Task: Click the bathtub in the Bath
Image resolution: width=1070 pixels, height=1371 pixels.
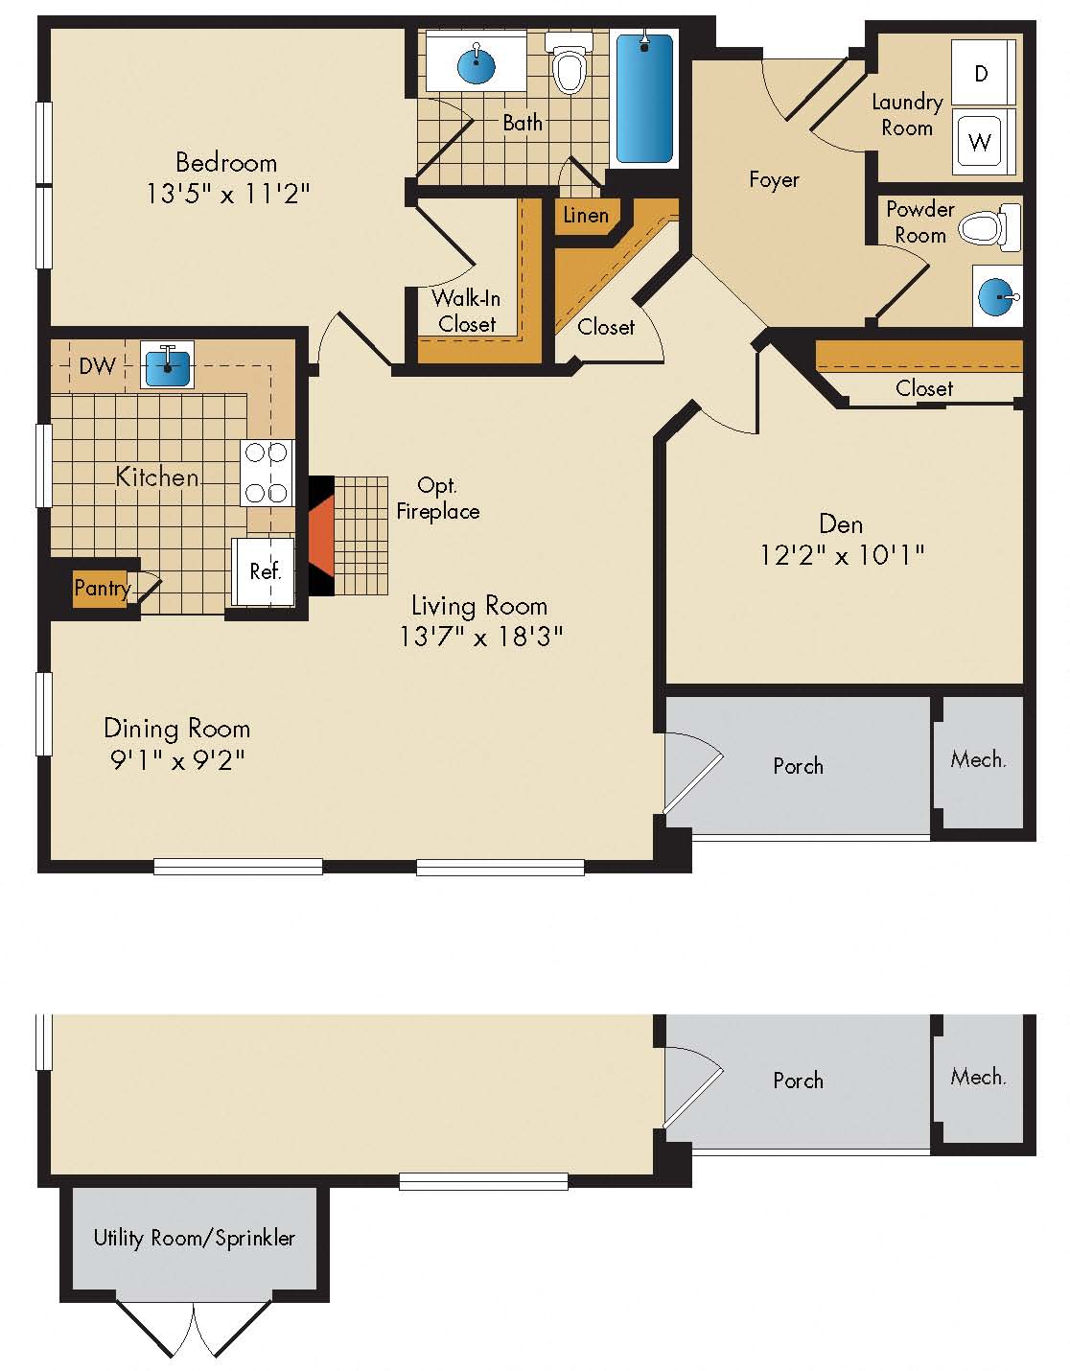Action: coord(644,98)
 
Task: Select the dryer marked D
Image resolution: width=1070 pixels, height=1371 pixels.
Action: coord(982,73)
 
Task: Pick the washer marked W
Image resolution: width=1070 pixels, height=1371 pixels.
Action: coord(980,143)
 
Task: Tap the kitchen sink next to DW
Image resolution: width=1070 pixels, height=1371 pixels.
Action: coord(167,364)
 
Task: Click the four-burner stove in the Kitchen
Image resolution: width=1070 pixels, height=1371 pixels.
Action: coord(266,473)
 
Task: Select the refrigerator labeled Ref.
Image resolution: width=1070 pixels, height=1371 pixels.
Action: coord(264,571)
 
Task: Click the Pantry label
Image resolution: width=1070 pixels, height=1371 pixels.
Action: coord(102,588)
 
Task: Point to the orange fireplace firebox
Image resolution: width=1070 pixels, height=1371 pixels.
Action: coord(320,537)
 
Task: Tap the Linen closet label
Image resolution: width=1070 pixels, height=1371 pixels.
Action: coord(585,216)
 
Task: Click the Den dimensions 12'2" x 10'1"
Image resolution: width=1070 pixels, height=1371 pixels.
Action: coord(841,555)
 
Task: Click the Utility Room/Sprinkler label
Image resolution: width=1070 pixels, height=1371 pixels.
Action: coord(194,1238)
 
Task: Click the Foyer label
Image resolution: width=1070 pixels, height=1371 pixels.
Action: coord(773,179)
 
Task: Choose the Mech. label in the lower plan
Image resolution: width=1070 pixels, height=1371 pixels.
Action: coord(978,1077)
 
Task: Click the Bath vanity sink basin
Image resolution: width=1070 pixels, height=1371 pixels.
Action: coord(477,65)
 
